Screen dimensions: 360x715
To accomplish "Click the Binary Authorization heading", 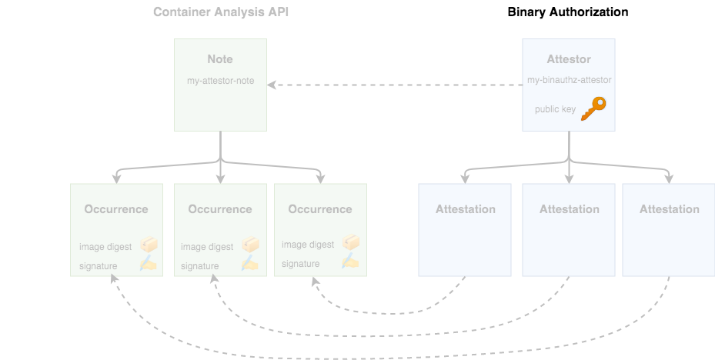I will pyautogui.click(x=567, y=12).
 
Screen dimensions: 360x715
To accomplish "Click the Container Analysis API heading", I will pyautogui.click(x=221, y=12).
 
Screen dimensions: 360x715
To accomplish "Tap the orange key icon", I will pyautogui.click(x=593, y=108).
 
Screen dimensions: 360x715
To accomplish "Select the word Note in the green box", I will pyautogui.click(x=220, y=59).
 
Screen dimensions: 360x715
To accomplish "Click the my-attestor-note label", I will pyautogui.click(x=220, y=81).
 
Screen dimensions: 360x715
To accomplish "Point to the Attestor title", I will pyautogui.click(x=569, y=59).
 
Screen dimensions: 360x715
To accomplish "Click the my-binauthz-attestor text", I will pyautogui.click(x=569, y=80).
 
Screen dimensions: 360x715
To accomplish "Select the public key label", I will pyautogui.click(x=555, y=109).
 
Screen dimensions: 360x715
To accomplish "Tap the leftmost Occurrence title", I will pyautogui.click(x=116, y=209).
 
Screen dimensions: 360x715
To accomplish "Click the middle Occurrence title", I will pyautogui.click(x=220, y=209).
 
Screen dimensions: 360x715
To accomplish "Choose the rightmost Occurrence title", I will pyautogui.click(x=320, y=209).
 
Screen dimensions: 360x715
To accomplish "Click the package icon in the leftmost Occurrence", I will pyautogui.click(x=149, y=245).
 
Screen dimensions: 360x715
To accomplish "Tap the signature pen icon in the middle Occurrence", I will pyautogui.click(x=250, y=264).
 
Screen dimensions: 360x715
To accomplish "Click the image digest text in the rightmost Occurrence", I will pyautogui.click(x=308, y=245).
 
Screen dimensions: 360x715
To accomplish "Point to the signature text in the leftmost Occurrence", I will pyautogui.click(x=98, y=266).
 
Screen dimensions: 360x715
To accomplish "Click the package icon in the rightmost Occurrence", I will pyautogui.click(x=351, y=243).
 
